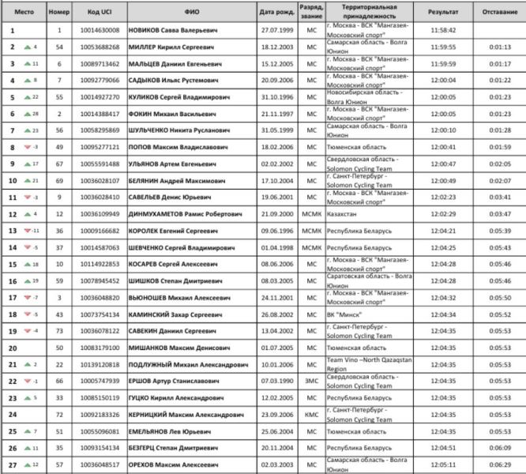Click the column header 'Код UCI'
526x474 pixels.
point(104,13)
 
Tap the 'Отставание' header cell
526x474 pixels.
point(499,13)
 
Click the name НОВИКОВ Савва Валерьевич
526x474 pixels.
point(175,30)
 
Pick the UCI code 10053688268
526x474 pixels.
point(104,47)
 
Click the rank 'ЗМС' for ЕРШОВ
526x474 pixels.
point(311,380)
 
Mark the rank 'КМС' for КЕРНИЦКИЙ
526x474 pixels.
point(311,414)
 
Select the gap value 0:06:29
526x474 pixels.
point(499,464)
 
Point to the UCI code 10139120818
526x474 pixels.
point(104,363)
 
